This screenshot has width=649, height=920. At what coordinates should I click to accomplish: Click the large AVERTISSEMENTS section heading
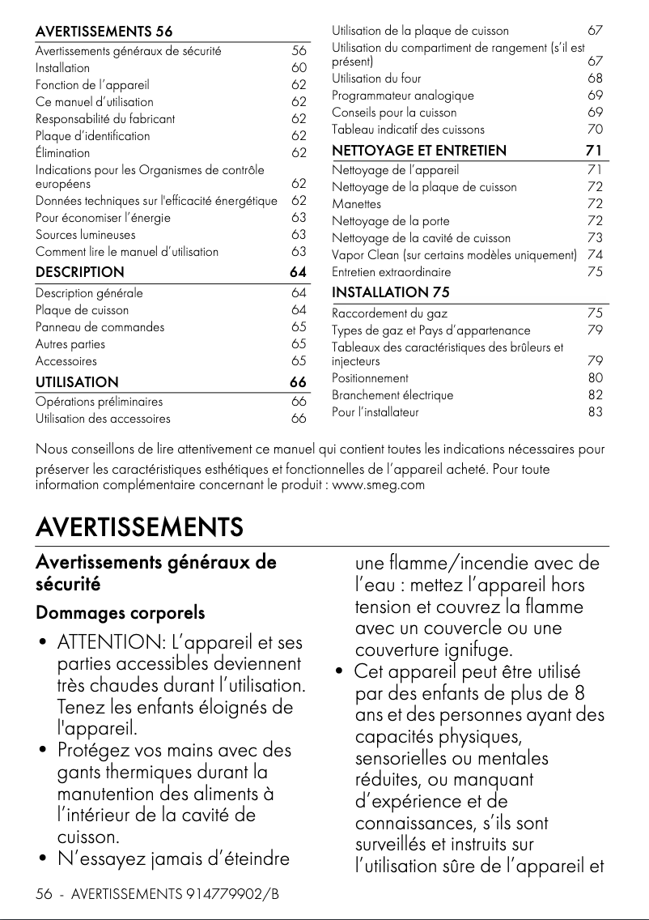[139, 528]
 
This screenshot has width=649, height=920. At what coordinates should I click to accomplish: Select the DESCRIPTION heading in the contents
[79, 272]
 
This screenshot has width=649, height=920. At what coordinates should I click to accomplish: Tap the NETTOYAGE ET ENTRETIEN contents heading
[419, 150]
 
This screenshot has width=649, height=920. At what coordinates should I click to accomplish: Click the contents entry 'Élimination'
[62, 153]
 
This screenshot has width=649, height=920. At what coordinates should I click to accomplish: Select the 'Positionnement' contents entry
[370, 378]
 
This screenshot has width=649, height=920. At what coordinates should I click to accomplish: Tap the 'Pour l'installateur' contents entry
[375, 412]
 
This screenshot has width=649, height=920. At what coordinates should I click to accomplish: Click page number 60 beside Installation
[299, 68]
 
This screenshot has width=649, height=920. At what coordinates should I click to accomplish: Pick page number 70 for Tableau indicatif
[595, 130]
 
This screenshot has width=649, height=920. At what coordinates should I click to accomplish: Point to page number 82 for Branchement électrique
[595, 395]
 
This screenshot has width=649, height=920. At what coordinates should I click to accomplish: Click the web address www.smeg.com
[379, 485]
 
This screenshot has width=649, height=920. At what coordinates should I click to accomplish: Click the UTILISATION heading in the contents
[77, 381]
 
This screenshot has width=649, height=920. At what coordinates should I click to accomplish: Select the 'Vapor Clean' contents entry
[454, 256]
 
